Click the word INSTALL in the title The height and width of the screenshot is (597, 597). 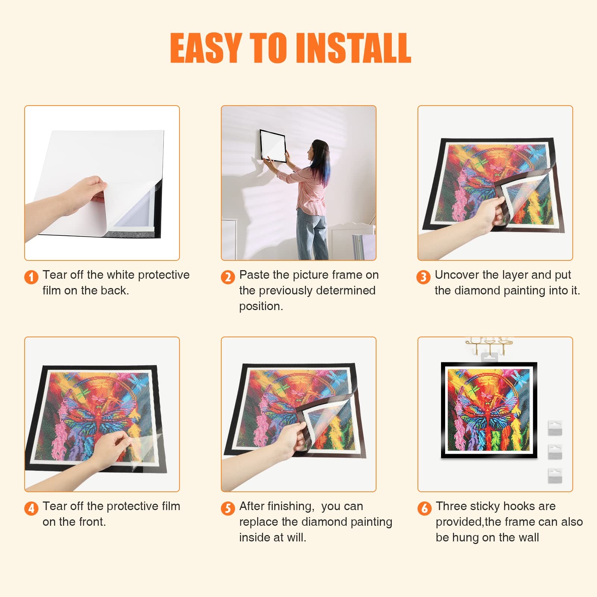pyautogui.click(x=354, y=48)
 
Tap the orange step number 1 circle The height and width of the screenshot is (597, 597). pyautogui.click(x=31, y=277)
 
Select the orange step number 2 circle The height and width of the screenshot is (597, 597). pyautogui.click(x=228, y=277)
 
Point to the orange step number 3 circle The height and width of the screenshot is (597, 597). pyautogui.click(x=423, y=277)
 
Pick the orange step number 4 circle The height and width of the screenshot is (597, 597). pyautogui.click(x=31, y=508)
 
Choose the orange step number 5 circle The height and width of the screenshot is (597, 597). pyautogui.click(x=228, y=508)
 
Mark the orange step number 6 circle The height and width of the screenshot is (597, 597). pyautogui.click(x=424, y=508)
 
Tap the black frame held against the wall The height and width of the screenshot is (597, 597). pyautogui.click(x=273, y=146)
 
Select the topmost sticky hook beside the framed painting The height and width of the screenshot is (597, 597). pyautogui.click(x=555, y=428)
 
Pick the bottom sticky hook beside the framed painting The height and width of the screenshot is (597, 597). pyautogui.click(x=555, y=476)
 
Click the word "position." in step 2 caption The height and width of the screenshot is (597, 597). pyautogui.click(x=261, y=306)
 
